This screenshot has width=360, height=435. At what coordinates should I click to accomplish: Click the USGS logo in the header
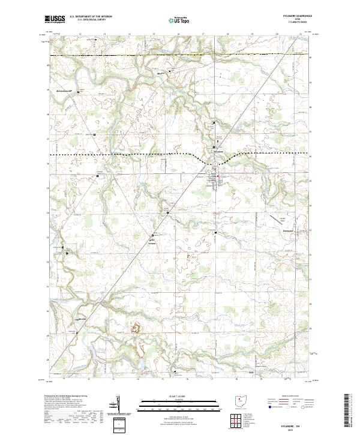pos(55,19)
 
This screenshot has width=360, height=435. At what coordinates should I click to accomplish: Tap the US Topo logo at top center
pos(178,19)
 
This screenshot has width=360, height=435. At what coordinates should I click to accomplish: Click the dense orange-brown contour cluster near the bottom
pos(136,328)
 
